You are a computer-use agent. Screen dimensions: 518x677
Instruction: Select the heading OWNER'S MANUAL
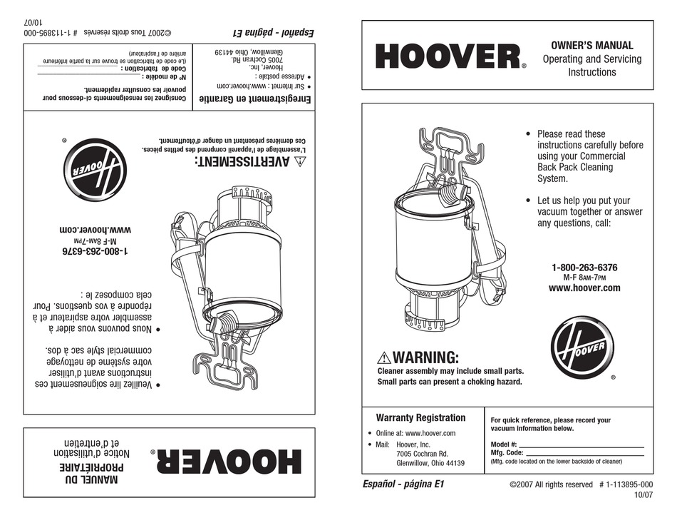(x=591, y=46)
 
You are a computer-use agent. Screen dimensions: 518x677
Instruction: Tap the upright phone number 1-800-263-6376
(x=584, y=268)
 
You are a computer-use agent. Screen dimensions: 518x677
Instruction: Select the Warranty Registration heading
(x=420, y=418)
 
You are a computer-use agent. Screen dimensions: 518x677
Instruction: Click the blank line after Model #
(x=581, y=444)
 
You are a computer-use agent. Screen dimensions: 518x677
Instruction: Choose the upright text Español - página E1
(x=404, y=483)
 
